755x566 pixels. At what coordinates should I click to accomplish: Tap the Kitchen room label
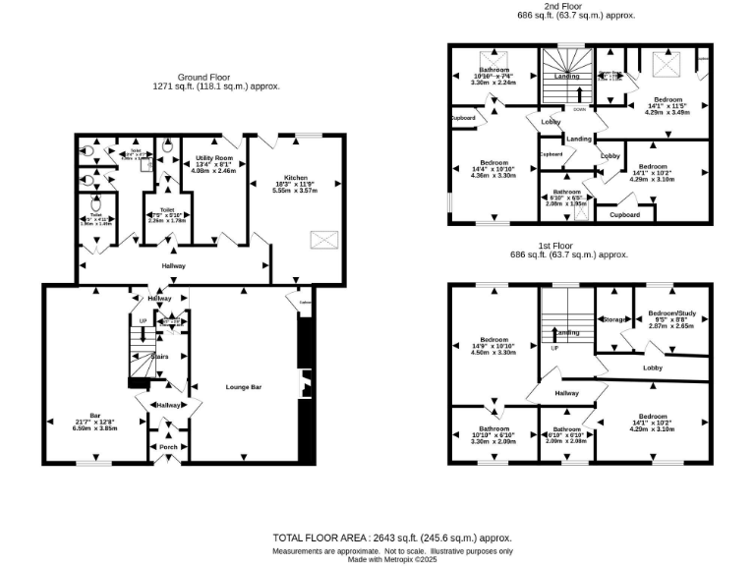tap(295, 178)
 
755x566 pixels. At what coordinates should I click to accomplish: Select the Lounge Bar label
tap(243, 387)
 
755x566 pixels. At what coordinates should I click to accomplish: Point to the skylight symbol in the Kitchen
tap(321, 239)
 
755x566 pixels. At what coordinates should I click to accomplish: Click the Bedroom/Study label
tap(672, 313)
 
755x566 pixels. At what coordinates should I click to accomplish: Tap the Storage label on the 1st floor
tap(615, 319)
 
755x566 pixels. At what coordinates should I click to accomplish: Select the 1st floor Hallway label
tap(566, 393)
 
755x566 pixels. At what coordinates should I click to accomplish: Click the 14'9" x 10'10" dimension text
tap(494, 345)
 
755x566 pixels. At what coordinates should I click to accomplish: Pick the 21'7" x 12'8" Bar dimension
tap(96, 422)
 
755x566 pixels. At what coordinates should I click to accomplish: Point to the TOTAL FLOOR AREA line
tap(392, 538)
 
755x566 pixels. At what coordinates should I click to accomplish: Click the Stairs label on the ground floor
tap(159, 357)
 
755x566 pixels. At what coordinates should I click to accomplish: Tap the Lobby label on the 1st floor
tap(652, 368)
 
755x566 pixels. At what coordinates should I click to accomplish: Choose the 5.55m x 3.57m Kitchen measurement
tap(295, 192)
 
